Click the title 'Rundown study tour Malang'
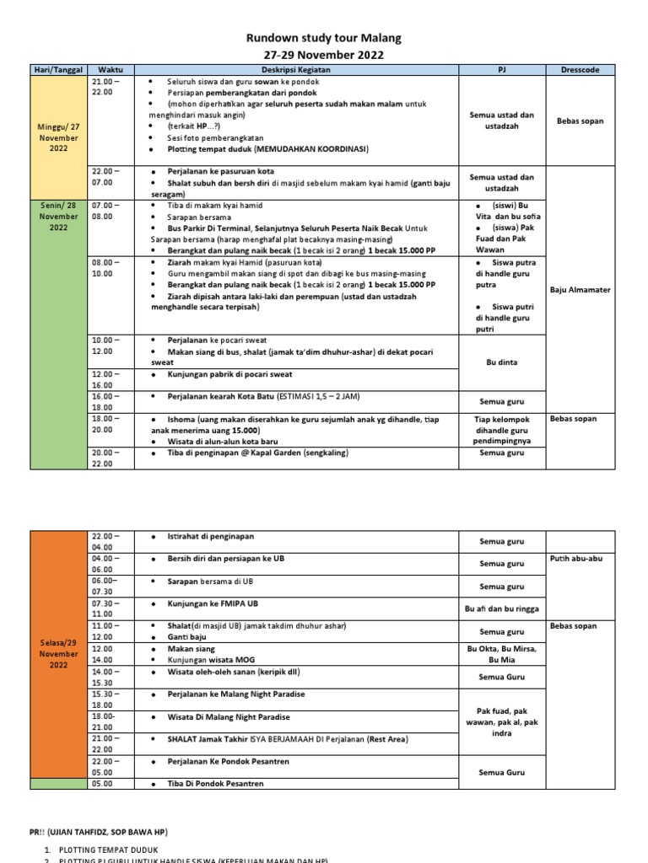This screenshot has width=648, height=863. point(323,38)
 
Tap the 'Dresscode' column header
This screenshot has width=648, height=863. point(580,70)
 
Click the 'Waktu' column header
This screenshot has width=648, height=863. point(111,70)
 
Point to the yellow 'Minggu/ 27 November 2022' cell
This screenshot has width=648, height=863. point(57,137)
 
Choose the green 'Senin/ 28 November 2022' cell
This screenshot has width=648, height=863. point(57,216)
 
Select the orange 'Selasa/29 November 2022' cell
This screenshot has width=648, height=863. point(57,653)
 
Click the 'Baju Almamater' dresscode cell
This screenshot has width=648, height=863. point(580,290)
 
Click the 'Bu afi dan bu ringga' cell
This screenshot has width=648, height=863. point(502,608)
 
